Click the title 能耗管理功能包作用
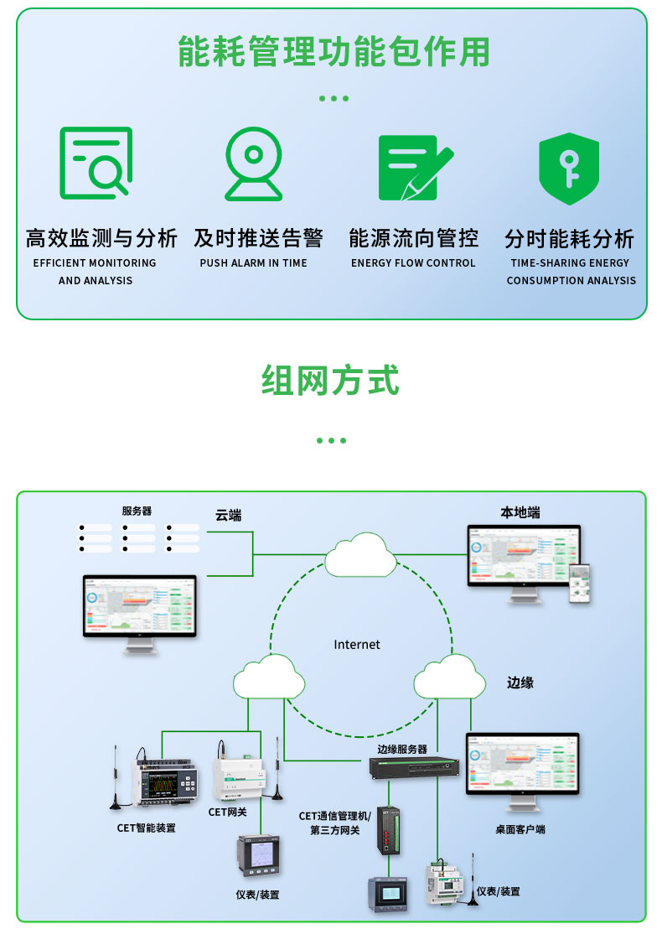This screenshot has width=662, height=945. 334,53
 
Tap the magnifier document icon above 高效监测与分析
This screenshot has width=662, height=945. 96,163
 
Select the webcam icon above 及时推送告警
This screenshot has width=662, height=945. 253,164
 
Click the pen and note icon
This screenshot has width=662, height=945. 414,167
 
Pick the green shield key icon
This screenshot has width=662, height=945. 568,168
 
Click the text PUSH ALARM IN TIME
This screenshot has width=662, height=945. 253,263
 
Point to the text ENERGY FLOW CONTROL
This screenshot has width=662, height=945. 413,263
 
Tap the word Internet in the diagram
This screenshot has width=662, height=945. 357,645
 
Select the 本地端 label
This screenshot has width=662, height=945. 520,512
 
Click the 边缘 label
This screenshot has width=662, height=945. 520,683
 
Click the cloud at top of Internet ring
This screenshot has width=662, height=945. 360,554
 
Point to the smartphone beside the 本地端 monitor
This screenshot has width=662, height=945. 580,582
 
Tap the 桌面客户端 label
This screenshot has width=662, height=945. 520,829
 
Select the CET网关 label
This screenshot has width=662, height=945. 228,812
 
